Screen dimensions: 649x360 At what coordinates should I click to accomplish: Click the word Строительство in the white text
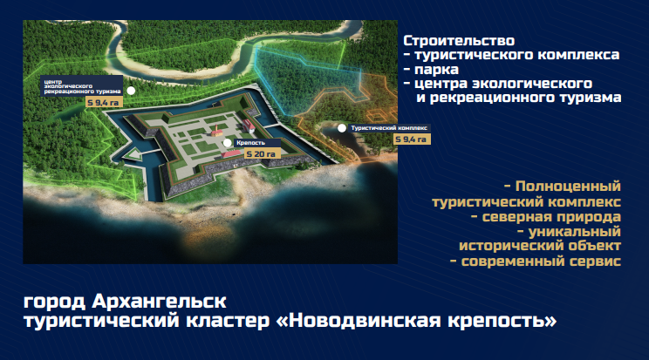(x=459, y=41)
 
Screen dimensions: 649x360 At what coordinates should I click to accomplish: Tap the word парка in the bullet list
(x=436, y=70)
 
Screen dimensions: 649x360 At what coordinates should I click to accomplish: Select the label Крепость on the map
(x=251, y=143)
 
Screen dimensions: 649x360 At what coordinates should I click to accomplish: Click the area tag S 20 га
(x=262, y=154)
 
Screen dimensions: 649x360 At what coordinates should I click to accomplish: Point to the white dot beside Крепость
(x=227, y=143)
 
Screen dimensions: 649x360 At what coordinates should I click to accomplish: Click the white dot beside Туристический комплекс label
(x=342, y=128)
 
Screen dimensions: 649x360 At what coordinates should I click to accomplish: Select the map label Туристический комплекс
(x=389, y=128)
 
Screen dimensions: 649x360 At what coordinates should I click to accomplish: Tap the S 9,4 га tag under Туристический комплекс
(x=412, y=139)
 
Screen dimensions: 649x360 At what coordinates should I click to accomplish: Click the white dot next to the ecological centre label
(x=131, y=91)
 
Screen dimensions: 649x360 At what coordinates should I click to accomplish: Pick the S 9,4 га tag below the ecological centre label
(x=104, y=103)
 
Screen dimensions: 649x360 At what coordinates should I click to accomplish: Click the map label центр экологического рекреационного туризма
(x=82, y=86)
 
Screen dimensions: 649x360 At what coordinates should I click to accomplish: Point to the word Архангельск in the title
(x=159, y=302)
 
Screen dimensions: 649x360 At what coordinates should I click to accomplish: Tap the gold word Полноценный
(x=568, y=187)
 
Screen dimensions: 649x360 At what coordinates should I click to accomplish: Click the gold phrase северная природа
(x=551, y=217)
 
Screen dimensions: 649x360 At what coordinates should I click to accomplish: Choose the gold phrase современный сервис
(x=541, y=262)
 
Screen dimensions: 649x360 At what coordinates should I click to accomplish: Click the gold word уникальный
(x=575, y=231)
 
